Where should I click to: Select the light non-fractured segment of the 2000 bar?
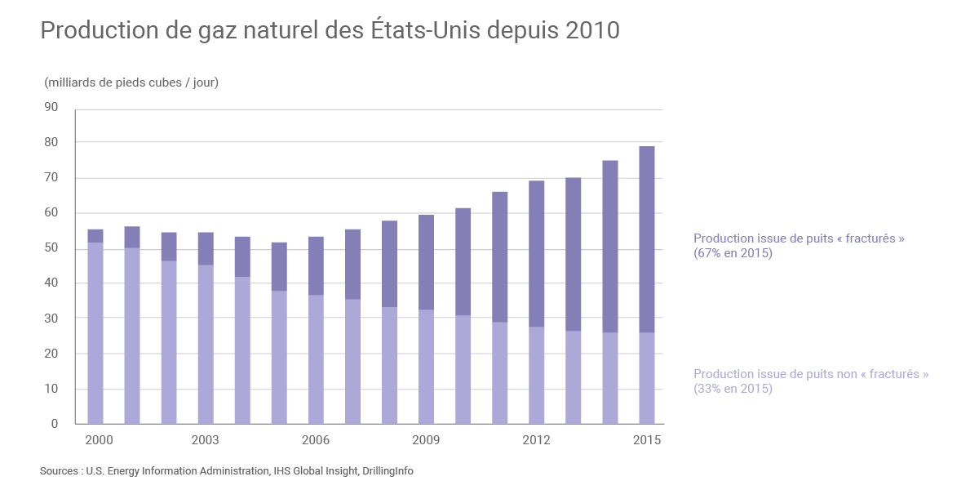(95, 332)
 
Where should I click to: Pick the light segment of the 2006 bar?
(316, 359)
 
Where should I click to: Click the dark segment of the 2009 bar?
(426, 262)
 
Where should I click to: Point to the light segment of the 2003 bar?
(206, 344)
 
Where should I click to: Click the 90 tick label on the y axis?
(51, 107)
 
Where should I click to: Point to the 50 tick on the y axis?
(51, 248)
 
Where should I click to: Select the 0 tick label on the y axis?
(55, 424)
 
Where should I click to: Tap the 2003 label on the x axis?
(205, 440)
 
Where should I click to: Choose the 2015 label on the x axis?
(647, 440)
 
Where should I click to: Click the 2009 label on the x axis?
(426, 440)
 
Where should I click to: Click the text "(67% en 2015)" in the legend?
(733, 253)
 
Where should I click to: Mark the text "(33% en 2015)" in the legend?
(733, 389)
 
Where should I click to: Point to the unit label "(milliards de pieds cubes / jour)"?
(131, 82)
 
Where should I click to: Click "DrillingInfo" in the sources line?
(388, 471)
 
